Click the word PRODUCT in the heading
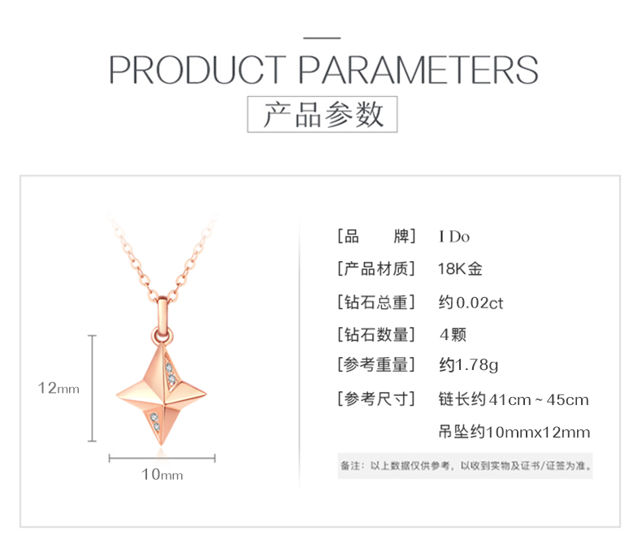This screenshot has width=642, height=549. click(x=197, y=70)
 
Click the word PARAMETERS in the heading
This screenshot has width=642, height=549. click(x=418, y=70)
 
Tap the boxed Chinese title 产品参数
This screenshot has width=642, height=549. click(x=323, y=115)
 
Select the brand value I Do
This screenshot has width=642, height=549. click(x=454, y=237)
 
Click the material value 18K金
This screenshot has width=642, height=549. click(x=460, y=269)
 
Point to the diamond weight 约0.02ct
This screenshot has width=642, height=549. click(x=471, y=303)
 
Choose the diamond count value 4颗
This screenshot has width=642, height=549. click(x=453, y=335)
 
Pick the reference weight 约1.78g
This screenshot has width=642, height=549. click(x=468, y=364)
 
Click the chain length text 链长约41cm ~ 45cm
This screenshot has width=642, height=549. click(x=514, y=399)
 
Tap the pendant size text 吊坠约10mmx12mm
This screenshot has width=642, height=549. click(x=514, y=432)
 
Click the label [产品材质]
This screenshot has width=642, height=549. click(x=376, y=269)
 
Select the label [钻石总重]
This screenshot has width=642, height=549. click(x=376, y=303)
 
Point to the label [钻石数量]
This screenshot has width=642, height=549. click(x=376, y=335)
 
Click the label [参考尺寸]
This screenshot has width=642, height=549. click(x=376, y=399)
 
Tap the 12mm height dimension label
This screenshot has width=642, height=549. click(x=59, y=388)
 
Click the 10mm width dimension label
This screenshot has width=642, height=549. click(x=163, y=474)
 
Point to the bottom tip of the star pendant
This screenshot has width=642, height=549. click(x=161, y=446)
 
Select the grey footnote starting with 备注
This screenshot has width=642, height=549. click(x=466, y=466)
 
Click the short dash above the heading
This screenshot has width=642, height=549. click(x=322, y=38)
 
